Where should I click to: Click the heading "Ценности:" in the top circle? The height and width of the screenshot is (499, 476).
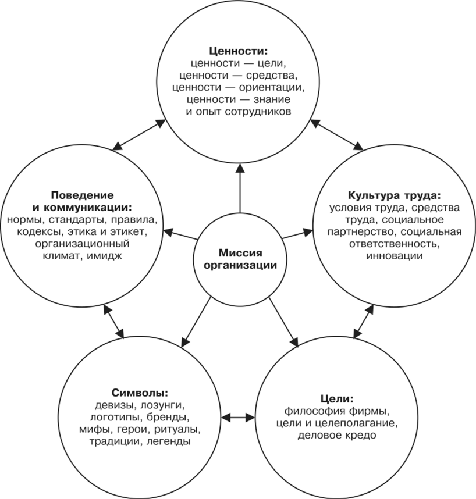click(x=239, y=49)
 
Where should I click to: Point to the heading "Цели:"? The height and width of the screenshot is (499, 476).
click(x=336, y=398)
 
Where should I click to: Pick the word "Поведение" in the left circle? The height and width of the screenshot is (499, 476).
click(x=81, y=194)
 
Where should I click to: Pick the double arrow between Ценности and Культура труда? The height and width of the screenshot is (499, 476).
click(x=336, y=136)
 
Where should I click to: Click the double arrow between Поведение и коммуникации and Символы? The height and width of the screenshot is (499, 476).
click(x=113, y=322)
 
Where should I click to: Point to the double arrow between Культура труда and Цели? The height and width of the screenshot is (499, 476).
click(x=363, y=322)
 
